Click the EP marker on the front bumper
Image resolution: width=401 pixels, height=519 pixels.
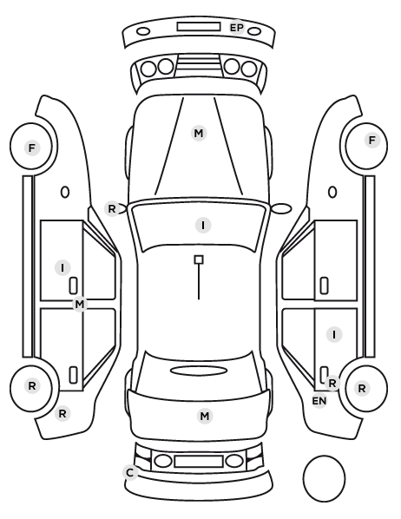tap(236, 28)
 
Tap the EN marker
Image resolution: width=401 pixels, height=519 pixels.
tap(319, 401)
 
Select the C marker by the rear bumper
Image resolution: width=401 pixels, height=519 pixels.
tap(130, 473)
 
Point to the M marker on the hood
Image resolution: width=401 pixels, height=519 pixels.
tap(199, 133)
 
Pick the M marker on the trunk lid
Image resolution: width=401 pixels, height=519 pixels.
tap(205, 416)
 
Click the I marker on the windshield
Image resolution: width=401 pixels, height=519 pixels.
tap(203, 226)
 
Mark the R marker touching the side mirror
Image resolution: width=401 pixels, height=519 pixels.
tap(112, 209)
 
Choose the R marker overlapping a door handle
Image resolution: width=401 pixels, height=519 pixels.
tap(332, 383)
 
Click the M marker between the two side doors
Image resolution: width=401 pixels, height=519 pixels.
tap(80, 304)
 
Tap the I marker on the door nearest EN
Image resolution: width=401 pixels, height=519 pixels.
tap(334, 335)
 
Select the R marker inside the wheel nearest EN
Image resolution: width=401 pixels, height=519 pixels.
tap(362, 388)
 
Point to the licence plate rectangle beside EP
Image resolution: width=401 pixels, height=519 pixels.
tap(199, 27)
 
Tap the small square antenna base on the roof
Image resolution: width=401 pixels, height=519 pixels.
tap(199, 259)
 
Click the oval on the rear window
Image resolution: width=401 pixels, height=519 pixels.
tap(199, 371)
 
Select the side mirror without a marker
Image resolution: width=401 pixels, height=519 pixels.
tap(281, 208)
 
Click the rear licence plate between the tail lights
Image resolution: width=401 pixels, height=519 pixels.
tap(199, 461)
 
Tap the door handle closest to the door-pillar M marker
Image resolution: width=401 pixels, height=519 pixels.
tap(73, 286)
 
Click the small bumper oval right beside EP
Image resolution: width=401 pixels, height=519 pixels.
tap(254, 32)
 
